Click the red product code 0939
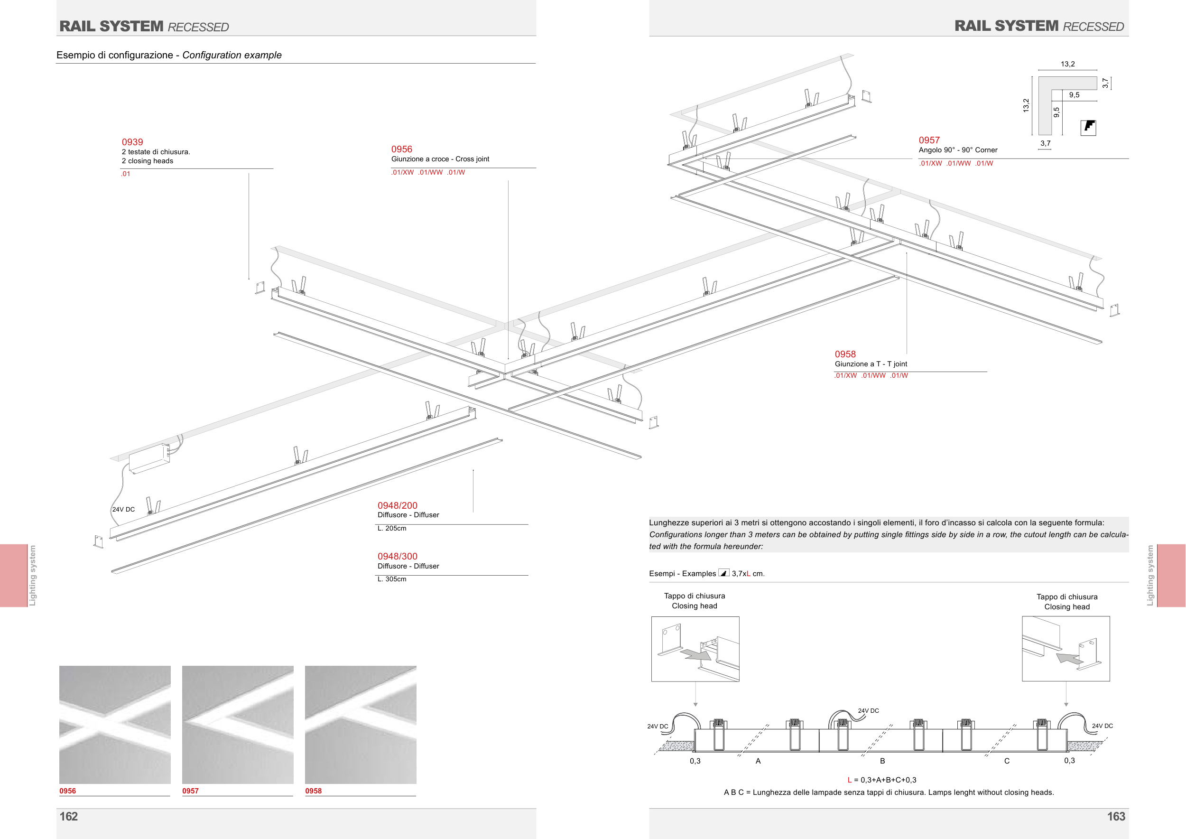pyautogui.click(x=132, y=142)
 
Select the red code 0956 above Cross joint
pyautogui.click(x=401, y=149)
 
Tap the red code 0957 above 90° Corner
pyautogui.click(x=929, y=140)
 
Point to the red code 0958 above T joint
pyautogui.click(x=845, y=354)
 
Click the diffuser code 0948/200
pyautogui.click(x=397, y=506)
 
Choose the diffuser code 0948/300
pyautogui.click(x=397, y=556)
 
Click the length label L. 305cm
pyautogui.click(x=391, y=579)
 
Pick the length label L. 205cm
pyautogui.click(x=391, y=529)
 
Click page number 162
pyautogui.click(x=69, y=816)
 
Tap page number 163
pyautogui.click(x=1116, y=816)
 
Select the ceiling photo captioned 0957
pyautogui.click(x=238, y=724)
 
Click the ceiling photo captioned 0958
pyautogui.click(x=361, y=724)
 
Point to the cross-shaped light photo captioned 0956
pyautogui.click(x=115, y=724)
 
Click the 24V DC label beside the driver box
pyautogui.click(x=123, y=509)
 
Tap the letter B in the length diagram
pyautogui.click(x=882, y=761)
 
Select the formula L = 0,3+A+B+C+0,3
pyautogui.click(x=882, y=780)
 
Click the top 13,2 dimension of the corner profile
pyautogui.click(x=1067, y=64)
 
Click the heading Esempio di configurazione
pyautogui.click(x=115, y=55)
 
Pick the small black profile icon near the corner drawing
pyautogui.click(x=1088, y=127)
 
